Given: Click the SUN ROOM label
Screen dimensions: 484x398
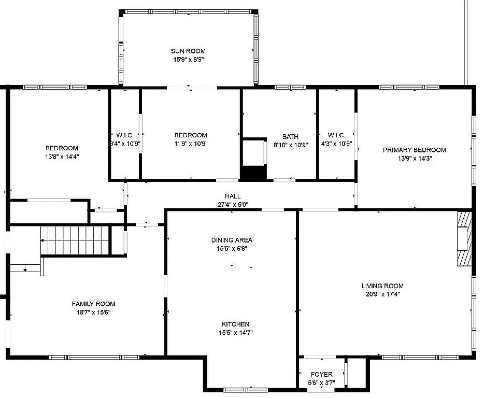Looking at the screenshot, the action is [188, 51].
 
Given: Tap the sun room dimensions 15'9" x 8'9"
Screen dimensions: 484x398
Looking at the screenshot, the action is [188, 59].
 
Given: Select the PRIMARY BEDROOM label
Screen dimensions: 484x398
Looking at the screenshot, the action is [414, 150].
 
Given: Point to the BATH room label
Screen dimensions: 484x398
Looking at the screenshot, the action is [291, 136].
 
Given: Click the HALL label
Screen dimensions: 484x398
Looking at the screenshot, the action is [233, 196].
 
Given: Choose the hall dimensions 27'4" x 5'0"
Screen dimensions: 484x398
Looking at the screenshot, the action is [233, 204].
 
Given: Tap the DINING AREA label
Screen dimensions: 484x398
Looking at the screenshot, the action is [232, 240].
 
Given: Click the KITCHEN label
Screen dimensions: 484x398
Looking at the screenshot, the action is [235, 324].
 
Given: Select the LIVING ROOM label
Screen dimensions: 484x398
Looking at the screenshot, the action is [382, 286].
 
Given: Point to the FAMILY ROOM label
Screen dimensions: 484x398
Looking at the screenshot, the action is [93, 304].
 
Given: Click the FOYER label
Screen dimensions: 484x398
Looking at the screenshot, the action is [322, 375].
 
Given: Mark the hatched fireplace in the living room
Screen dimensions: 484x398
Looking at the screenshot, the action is [464, 238].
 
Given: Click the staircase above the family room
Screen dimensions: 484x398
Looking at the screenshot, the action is [75, 240].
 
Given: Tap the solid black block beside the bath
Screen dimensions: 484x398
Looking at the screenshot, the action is [253, 173].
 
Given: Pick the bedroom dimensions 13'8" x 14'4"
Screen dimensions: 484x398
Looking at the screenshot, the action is [62, 157].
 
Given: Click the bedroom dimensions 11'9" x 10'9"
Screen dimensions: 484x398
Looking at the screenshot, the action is [191, 144].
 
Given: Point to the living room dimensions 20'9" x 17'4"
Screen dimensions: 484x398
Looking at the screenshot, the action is [383, 294].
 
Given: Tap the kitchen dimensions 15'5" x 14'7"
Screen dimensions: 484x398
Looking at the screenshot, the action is [236, 333].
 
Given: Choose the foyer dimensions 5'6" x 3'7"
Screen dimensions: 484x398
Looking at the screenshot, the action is [322, 383].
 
